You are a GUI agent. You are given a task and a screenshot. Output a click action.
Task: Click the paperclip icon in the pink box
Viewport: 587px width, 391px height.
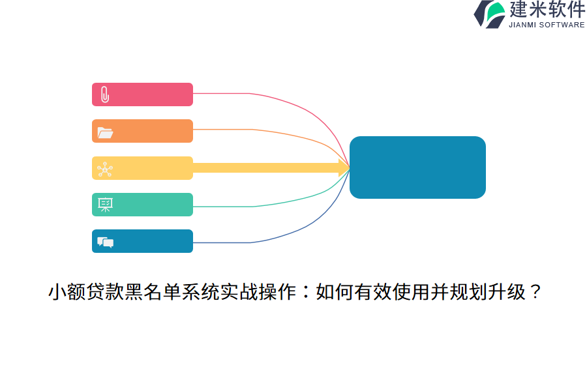(x=105, y=94)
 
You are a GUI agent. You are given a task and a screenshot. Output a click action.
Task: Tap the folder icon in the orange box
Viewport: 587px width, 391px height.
(x=105, y=133)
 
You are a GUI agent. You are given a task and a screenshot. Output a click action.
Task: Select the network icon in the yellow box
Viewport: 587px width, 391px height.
(x=105, y=169)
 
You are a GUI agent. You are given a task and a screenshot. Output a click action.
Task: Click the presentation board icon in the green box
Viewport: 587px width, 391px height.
(x=105, y=205)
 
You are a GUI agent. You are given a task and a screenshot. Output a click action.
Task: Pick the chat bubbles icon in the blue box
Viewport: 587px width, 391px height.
(x=105, y=242)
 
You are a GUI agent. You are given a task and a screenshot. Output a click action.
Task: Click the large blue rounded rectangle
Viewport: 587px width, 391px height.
(x=417, y=167)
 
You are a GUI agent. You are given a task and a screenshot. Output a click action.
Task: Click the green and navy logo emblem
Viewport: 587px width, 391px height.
(x=490, y=14)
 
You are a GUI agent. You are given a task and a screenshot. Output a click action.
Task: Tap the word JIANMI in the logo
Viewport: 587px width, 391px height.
(x=522, y=25)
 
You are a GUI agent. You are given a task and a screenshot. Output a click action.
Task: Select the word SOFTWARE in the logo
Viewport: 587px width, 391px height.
(x=562, y=25)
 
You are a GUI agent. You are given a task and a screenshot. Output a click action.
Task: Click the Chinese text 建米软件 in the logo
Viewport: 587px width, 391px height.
(x=547, y=9)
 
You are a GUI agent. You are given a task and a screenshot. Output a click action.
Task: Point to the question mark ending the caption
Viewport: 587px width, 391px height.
(x=535, y=291)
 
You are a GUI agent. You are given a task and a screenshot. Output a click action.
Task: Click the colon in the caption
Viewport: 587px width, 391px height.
(x=306, y=292)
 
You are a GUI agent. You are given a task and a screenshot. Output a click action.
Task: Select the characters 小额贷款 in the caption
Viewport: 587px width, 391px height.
(x=85, y=292)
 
